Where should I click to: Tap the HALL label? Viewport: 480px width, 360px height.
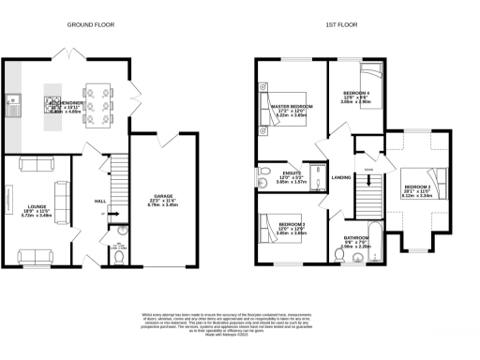coord(100,202)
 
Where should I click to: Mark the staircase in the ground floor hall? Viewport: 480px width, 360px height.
coord(112,183)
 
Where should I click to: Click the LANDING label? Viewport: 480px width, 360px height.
coord(341,177)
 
